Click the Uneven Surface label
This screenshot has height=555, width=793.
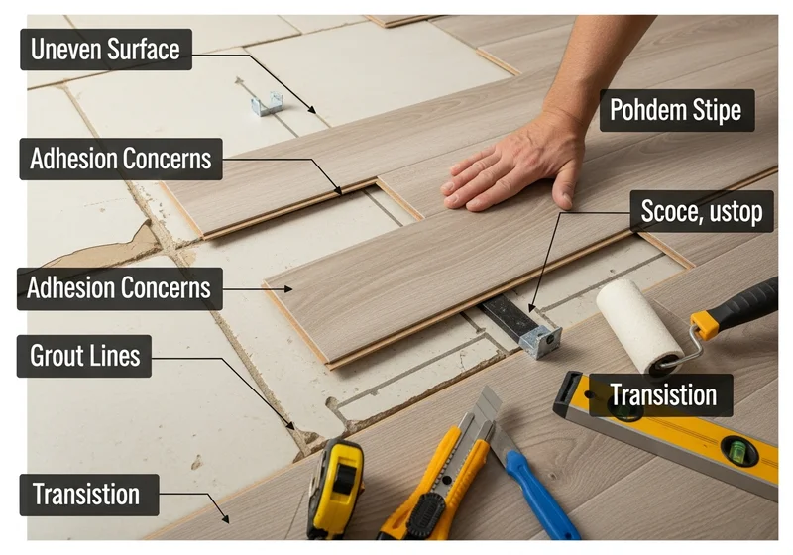[x=106, y=49]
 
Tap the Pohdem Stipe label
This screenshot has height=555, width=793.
[x=677, y=110]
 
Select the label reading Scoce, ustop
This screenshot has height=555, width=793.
[x=702, y=211]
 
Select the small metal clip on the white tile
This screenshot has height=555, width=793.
[x=267, y=104]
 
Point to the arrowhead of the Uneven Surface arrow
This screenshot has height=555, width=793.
[x=312, y=109]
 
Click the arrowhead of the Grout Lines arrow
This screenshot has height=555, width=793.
[x=290, y=425]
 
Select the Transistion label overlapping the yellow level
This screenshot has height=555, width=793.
[x=661, y=395]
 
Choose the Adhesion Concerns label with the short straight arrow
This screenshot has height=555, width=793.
[x=120, y=288]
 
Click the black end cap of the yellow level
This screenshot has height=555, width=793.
[x=567, y=392]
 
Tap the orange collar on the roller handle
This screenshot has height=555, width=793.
[x=705, y=325]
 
